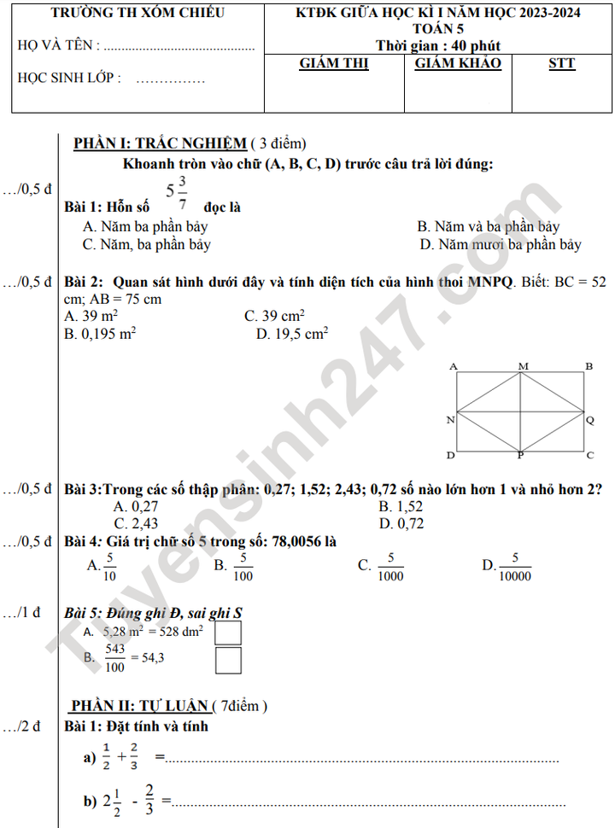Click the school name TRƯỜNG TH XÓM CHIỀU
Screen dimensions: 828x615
(x=138, y=13)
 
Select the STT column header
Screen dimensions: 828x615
(x=561, y=64)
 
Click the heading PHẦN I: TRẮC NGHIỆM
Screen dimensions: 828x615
(x=159, y=143)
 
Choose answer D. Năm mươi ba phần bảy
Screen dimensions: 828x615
(x=500, y=245)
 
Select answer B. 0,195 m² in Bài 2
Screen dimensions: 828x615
(x=100, y=335)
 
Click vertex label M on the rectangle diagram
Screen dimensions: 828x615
(x=524, y=366)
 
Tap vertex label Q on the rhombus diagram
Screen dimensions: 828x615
(x=589, y=420)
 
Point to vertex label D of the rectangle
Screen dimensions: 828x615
(x=450, y=456)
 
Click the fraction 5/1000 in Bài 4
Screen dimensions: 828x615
(x=390, y=566)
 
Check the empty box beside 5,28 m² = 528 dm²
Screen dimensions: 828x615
(x=228, y=633)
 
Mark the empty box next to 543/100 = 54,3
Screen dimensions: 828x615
(x=228, y=660)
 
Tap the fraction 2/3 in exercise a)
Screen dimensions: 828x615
(x=134, y=756)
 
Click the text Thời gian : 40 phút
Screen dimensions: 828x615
(x=438, y=46)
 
